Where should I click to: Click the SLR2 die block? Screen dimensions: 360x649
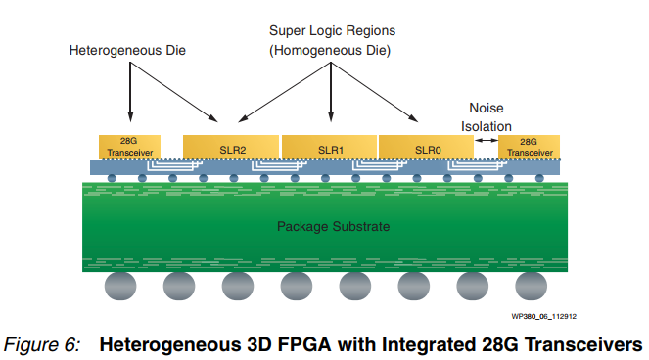tap(231, 148)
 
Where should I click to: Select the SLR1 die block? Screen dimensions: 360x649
tap(330, 148)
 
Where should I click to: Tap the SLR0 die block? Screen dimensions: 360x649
tap(427, 148)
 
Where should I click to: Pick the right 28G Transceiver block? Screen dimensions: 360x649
tap(530, 147)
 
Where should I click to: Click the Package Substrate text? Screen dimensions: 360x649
tap(333, 227)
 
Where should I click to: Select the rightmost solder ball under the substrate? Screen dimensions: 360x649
tap(530, 288)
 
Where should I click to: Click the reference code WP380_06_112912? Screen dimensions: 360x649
tap(545, 316)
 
